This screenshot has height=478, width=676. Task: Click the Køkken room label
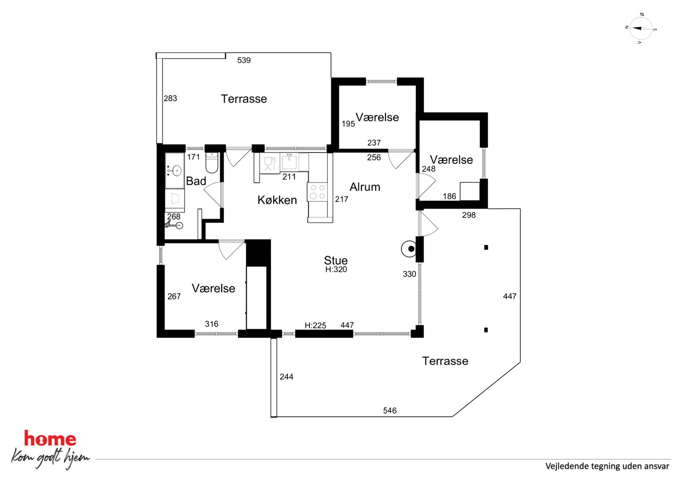[277, 200]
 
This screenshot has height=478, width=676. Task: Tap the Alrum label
[365, 187]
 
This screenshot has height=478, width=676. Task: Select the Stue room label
[336, 260]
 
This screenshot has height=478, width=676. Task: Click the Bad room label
[196, 181]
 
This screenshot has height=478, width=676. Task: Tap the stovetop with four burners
[317, 192]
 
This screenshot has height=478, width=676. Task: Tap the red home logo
[50, 438]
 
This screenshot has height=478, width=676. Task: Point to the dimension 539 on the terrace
[244, 60]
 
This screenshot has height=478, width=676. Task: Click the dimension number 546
[390, 411]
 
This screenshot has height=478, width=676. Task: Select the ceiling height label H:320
[336, 269]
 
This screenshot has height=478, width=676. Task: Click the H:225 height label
[315, 326]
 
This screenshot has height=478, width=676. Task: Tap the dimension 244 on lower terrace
[287, 377]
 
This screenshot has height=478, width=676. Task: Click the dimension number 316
[212, 324]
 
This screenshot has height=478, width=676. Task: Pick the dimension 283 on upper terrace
[170, 98]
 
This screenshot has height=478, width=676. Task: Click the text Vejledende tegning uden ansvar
[607, 466]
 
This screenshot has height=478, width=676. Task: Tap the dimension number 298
[469, 215]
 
